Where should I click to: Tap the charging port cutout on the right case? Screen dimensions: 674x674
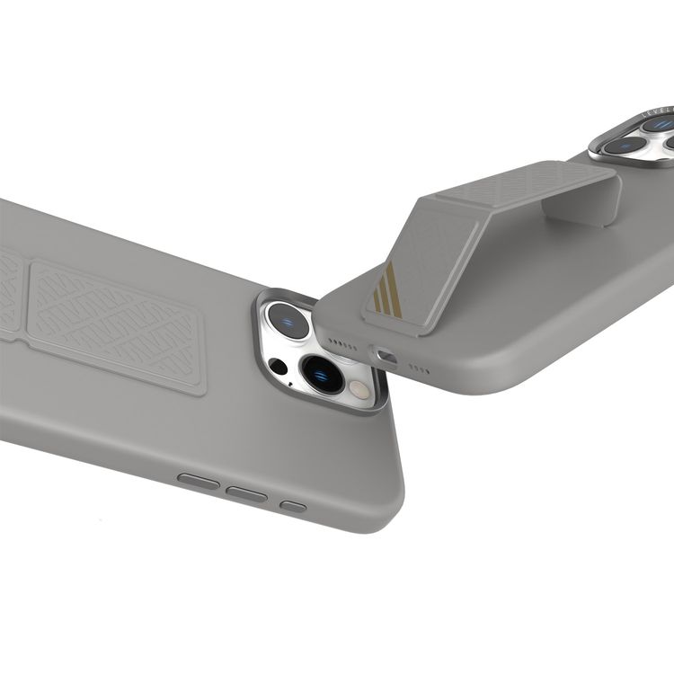pos(386,357)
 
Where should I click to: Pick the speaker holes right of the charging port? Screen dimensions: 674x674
pos(420,368)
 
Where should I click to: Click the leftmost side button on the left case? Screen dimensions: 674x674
pos(199,481)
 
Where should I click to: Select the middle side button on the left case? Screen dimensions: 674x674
pos(246,493)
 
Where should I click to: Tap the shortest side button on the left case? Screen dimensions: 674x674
pos(293,506)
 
